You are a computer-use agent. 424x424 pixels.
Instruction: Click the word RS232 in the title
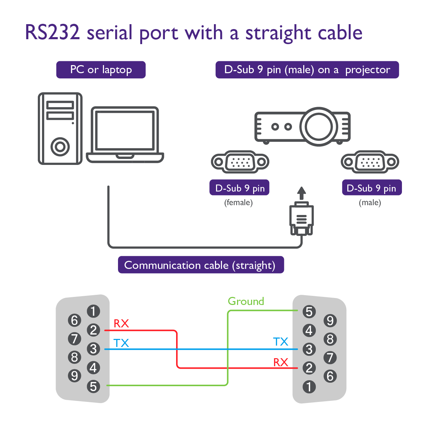pos(53,33)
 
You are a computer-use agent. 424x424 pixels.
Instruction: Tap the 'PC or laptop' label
pos(101,70)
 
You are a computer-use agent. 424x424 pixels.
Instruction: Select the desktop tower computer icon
pos(60,128)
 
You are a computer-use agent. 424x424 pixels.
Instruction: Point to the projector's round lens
pos(318,126)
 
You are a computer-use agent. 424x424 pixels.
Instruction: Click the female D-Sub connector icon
pos(240,162)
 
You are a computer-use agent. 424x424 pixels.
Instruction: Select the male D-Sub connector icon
pos(370,162)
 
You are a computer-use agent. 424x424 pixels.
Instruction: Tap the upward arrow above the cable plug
pos(301,193)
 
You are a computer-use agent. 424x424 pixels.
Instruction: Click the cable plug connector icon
pos(301,220)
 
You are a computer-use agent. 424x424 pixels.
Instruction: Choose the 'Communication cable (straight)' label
pos(201,265)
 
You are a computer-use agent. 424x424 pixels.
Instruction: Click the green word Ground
pos(246,301)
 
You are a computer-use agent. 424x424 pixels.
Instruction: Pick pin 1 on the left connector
pos(93,311)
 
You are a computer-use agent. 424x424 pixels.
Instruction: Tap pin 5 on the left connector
pos(93,387)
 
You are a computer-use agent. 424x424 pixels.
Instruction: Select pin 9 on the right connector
pos(330,320)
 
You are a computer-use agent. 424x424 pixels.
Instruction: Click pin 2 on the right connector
pos(309,368)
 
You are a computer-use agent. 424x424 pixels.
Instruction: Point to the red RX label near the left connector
pos(121,324)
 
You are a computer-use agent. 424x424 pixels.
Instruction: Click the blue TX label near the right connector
pos(280,342)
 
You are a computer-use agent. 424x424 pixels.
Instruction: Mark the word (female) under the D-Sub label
pos(238,202)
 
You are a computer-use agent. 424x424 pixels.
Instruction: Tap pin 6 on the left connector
pos(74,320)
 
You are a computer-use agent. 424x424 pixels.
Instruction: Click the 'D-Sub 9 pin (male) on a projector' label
pos(307,70)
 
